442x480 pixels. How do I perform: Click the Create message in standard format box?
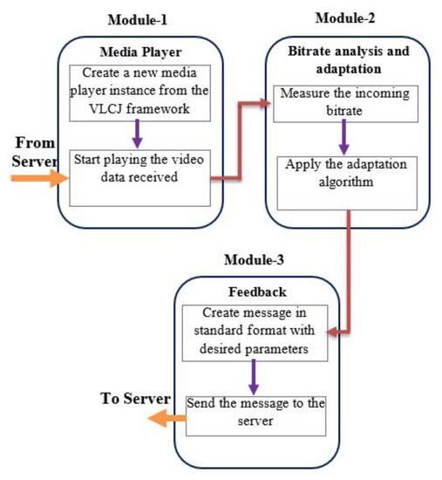tap(252, 332)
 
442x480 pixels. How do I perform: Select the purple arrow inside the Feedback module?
tap(252, 375)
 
